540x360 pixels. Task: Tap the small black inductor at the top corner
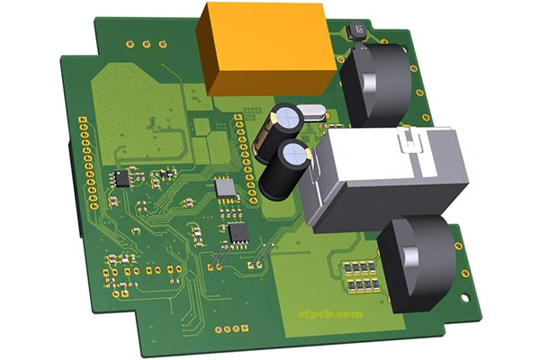(357, 29)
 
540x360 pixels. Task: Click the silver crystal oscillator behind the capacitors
(314, 112)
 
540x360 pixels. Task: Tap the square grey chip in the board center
(224, 187)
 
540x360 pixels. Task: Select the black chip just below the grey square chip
(238, 232)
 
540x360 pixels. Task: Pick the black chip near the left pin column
(121, 178)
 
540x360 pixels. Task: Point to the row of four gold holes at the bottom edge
(229, 329)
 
